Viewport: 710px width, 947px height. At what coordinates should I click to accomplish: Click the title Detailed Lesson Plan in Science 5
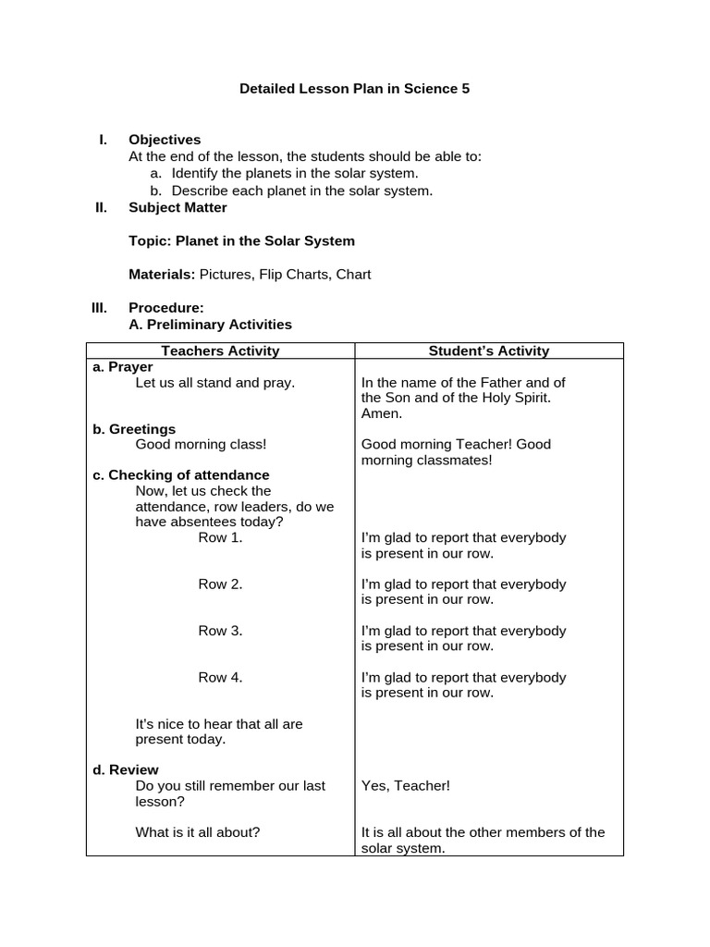click(355, 89)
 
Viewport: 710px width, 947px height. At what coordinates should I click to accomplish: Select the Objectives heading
click(165, 140)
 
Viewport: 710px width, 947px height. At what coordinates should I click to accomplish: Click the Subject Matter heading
click(177, 207)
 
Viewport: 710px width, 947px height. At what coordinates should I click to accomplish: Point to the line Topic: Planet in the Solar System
click(241, 240)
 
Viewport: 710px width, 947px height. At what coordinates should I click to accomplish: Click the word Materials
click(161, 274)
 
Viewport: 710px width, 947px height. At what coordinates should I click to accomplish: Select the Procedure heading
click(166, 307)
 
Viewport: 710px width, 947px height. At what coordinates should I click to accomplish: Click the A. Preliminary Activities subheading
click(210, 324)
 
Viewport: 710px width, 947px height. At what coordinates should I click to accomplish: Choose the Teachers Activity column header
click(220, 351)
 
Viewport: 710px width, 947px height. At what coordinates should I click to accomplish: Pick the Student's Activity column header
click(489, 351)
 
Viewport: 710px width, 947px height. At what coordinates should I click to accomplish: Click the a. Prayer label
click(123, 366)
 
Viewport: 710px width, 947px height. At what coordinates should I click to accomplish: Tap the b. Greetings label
click(134, 429)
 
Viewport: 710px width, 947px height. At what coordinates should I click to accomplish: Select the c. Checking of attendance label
click(181, 474)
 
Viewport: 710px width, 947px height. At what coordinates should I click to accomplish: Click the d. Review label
click(126, 769)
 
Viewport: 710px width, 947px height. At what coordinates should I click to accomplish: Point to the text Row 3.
click(220, 631)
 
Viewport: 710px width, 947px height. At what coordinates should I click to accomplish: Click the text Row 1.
click(220, 537)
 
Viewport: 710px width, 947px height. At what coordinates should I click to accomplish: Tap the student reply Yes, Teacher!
click(406, 785)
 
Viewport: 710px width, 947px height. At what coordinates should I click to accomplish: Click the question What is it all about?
click(198, 831)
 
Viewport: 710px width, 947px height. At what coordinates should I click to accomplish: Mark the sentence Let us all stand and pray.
click(215, 382)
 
